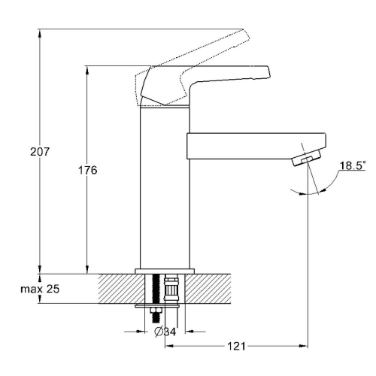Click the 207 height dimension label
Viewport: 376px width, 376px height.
[x=40, y=152]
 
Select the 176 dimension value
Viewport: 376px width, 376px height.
[x=88, y=171]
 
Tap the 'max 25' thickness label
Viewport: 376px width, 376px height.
[x=40, y=289]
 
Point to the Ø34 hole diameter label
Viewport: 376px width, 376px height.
[x=165, y=332]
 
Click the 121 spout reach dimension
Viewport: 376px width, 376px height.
[x=236, y=346]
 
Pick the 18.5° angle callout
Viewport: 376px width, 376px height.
[x=352, y=165]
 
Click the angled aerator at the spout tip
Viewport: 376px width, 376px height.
[x=307, y=158]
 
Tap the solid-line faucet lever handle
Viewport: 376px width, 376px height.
[x=205, y=84]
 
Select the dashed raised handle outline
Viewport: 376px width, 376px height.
[x=193, y=65]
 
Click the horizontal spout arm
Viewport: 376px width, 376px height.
[x=256, y=146]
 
